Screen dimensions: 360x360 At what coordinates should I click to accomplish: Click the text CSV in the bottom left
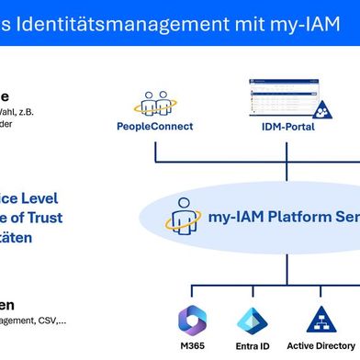click(x=51, y=321)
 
